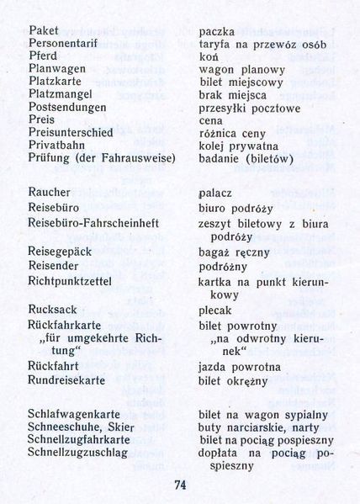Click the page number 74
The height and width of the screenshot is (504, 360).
[180, 484]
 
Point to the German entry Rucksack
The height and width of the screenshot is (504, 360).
[52, 309]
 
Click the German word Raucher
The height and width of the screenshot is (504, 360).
[49, 193]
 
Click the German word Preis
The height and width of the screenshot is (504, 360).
[42, 119]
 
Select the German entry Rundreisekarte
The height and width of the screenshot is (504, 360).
[69, 379]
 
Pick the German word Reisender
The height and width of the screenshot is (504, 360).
[55, 266]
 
